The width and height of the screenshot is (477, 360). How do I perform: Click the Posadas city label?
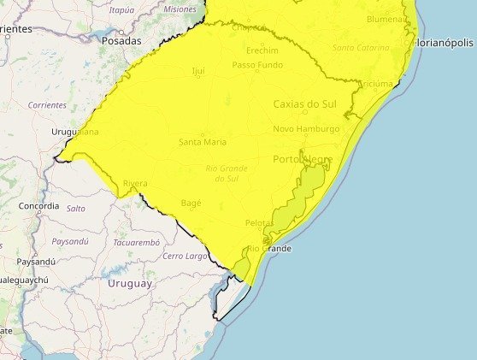(121, 40)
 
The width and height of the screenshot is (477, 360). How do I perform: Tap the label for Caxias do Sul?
(304, 103)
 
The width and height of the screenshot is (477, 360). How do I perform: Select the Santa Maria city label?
(203, 142)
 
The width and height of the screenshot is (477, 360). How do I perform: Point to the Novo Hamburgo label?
(306, 129)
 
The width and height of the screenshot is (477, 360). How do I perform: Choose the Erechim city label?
(262, 51)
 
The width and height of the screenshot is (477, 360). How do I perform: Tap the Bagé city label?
(191, 203)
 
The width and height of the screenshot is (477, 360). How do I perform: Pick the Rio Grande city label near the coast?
(269, 249)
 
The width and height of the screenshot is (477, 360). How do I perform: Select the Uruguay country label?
(130, 283)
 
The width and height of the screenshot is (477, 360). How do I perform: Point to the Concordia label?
(38, 206)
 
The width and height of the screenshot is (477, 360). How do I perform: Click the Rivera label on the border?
(135, 183)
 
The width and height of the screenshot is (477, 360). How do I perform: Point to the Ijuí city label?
(198, 70)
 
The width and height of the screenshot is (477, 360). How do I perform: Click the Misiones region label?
(180, 9)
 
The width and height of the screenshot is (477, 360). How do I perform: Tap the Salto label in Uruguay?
(76, 208)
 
